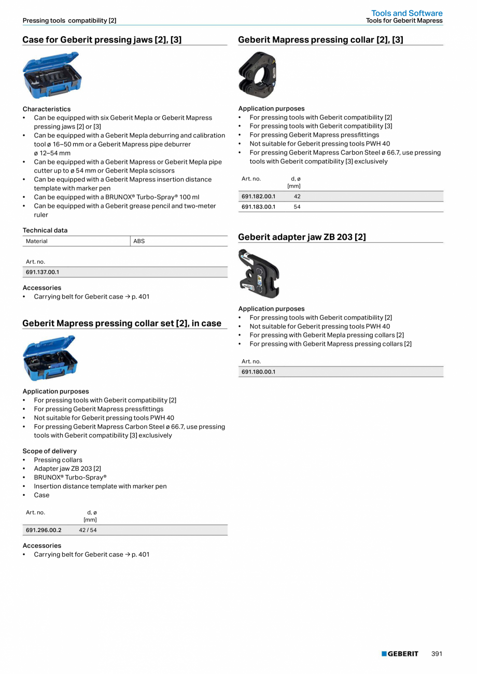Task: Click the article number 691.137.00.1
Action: (x=43, y=272)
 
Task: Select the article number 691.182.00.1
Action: (x=258, y=196)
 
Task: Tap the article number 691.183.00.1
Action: (x=258, y=207)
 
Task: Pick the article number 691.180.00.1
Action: (x=258, y=372)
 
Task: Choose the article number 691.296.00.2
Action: (x=44, y=530)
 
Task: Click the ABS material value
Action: (x=139, y=241)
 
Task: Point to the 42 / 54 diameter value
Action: (x=88, y=530)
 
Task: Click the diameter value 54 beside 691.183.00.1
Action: (x=297, y=207)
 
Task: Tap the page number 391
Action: (x=437, y=654)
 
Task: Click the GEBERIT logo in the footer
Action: (x=400, y=654)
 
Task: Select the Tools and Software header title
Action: (x=406, y=13)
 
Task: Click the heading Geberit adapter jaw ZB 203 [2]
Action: (x=302, y=237)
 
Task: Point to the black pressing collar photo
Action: (x=258, y=76)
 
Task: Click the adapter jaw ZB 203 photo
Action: (x=259, y=273)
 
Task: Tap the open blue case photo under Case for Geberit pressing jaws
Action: (x=52, y=75)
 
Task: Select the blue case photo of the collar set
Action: (x=50, y=358)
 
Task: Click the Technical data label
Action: (x=45, y=230)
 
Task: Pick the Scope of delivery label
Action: (x=49, y=451)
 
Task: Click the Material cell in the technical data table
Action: (x=37, y=241)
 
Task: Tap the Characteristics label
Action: (x=47, y=109)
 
